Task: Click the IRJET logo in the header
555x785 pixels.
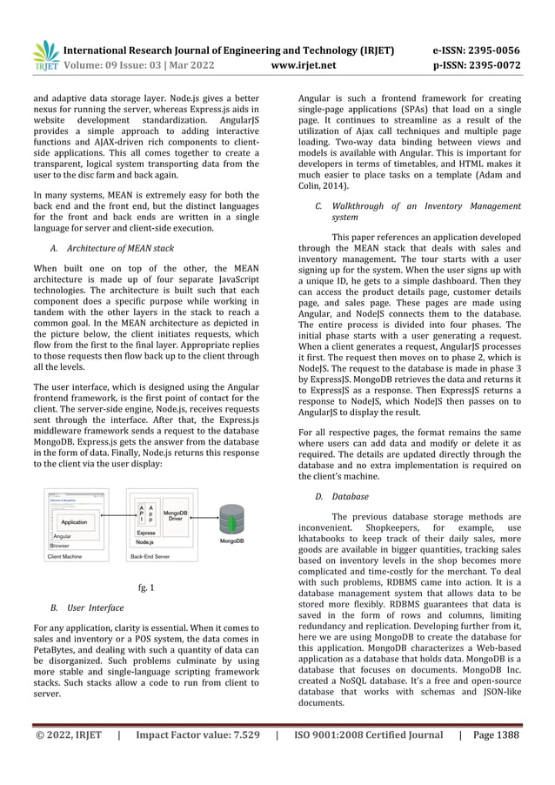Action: [x=44, y=55]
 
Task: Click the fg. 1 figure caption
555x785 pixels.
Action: [x=146, y=587]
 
